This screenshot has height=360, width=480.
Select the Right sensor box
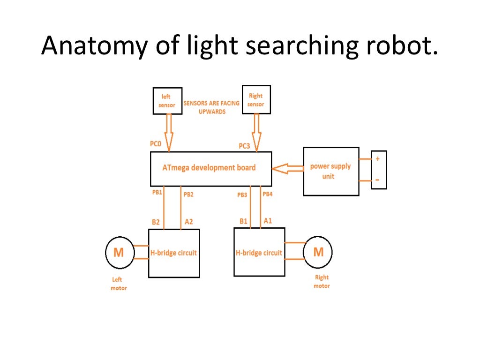click(256, 99)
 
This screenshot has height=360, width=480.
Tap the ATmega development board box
click(210, 168)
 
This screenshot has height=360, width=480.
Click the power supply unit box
click(331, 171)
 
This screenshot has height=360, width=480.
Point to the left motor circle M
click(119, 253)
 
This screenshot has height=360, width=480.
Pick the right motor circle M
click(318, 252)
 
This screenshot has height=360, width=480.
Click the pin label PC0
click(156, 144)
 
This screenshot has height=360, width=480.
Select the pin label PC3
click(244, 146)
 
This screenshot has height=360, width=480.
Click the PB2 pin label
click(188, 194)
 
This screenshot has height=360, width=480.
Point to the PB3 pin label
click(242, 195)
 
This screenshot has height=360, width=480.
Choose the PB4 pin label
click(267, 194)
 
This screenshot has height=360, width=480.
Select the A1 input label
click(268, 220)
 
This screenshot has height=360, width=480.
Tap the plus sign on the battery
click(378, 159)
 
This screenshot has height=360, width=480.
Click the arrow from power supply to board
click(287, 169)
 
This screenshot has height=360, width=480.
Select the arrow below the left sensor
click(168, 131)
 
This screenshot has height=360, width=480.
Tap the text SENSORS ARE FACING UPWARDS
click(211, 107)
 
